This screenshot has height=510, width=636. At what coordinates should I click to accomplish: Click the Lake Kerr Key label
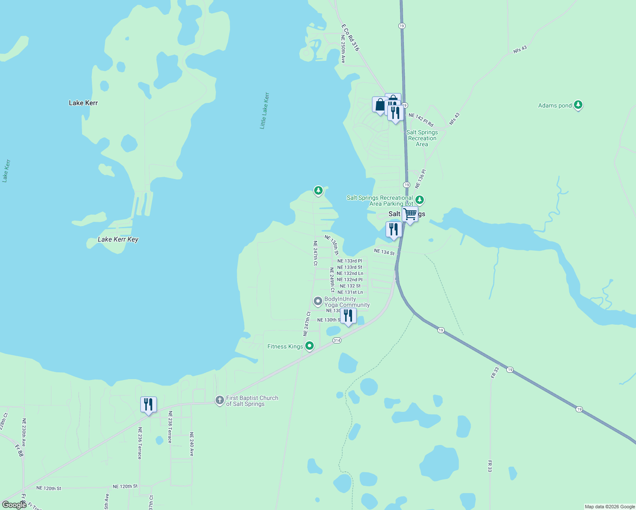118,239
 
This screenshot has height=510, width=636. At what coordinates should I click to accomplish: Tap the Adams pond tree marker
578,105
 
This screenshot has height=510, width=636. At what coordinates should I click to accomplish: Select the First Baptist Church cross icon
219,400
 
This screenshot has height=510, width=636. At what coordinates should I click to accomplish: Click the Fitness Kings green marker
309,346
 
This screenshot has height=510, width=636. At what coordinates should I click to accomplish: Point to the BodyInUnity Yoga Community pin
318,301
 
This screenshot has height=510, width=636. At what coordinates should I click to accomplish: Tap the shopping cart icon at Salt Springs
410,214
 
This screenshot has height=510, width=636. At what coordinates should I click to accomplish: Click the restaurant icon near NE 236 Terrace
148,405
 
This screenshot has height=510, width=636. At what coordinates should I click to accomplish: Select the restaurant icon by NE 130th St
348,316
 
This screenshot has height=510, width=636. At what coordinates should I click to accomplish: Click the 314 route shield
337,340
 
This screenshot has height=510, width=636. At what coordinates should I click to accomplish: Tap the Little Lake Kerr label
264,110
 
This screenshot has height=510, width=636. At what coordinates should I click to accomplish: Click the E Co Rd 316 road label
350,37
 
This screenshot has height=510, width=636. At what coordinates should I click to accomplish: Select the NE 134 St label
384,252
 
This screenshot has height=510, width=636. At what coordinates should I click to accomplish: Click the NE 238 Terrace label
170,427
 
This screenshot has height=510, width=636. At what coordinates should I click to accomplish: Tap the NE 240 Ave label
191,444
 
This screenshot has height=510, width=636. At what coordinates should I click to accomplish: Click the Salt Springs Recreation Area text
422,138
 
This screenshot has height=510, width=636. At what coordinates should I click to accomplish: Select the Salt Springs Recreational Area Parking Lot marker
420,200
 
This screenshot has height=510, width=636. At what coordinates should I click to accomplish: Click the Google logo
14,504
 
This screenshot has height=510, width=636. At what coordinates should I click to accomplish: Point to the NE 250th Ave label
343,49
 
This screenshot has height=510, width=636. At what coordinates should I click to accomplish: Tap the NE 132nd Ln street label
350,273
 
